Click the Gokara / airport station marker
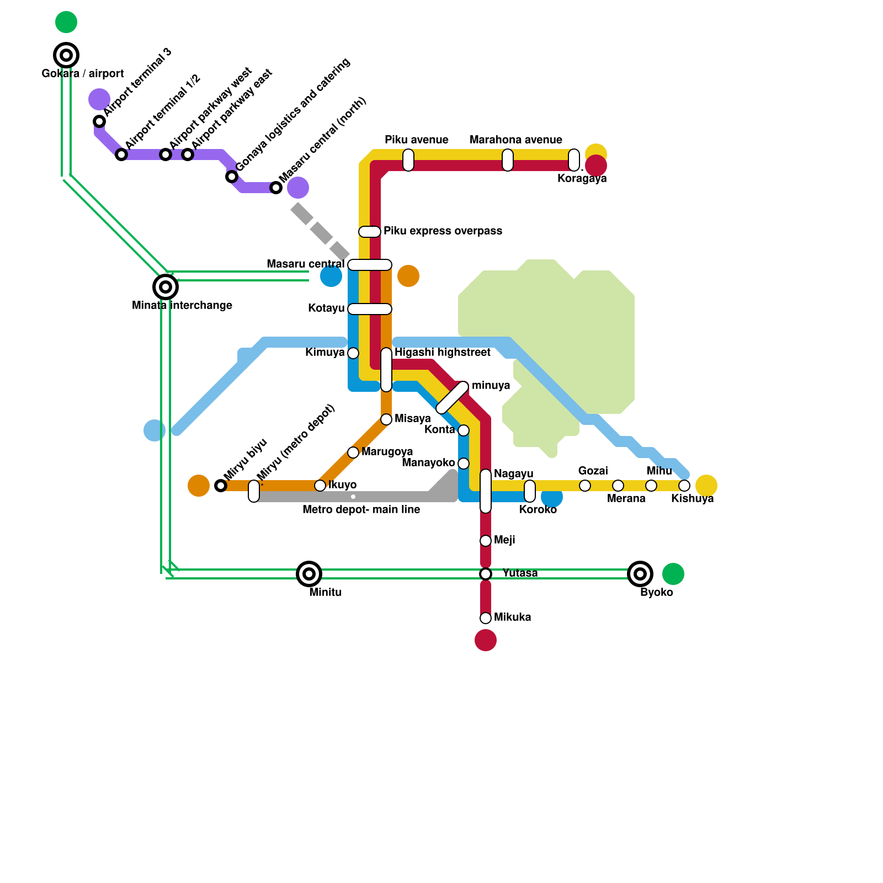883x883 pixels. (66, 55)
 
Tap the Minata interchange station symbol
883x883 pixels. (166, 287)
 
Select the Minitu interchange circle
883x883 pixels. (309, 574)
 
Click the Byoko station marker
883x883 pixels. (640, 574)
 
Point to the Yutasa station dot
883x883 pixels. (486, 574)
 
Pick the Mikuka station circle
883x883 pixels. (486, 618)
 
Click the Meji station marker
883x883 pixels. (486, 541)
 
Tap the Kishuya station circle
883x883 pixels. (684, 486)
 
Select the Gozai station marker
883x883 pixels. (585, 486)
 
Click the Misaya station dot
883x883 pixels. (386, 419)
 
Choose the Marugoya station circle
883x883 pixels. (353, 453)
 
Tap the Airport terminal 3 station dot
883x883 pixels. (99, 121)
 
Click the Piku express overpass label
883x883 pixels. (443, 231)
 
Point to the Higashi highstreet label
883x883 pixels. (442, 352)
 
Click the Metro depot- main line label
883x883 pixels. (361, 509)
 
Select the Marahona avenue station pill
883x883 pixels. (508, 160)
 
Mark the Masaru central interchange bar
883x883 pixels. (370, 265)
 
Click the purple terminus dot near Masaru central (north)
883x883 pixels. (298, 188)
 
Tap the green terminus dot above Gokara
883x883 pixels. (66, 22)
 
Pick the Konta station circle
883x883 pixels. (464, 430)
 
